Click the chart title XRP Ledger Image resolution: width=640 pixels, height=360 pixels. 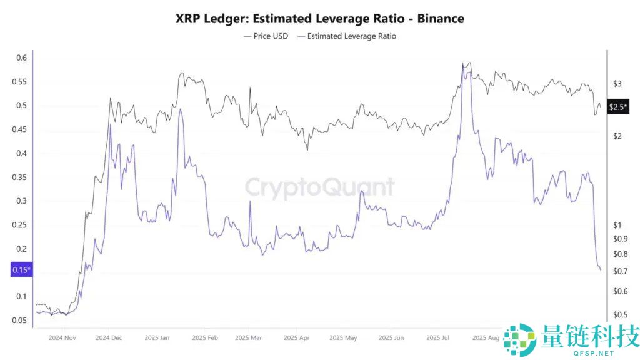pyautogui.click(x=320, y=19)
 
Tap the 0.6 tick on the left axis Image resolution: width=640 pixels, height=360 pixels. pyautogui.click(x=21, y=58)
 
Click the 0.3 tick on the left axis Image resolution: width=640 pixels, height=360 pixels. pyautogui.click(x=21, y=201)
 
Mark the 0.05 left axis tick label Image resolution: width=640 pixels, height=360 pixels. pyautogui.click(x=19, y=321)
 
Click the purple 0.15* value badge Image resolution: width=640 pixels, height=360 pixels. pyautogui.click(x=21, y=271)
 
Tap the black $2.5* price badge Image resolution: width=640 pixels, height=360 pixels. pyautogui.click(x=617, y=107)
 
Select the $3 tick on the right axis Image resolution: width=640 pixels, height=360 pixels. pyautogui.click(x=617, y=83)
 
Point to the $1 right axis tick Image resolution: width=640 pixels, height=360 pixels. pyautogui.click(x=617, y=225)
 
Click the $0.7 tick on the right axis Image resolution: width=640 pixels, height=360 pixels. pyautogui.click(x=620, y=271)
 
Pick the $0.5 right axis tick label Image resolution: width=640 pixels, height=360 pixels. pyautogui.click(x=620, y=315)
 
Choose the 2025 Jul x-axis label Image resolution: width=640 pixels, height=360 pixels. pyautogui.click(x=437, y=338)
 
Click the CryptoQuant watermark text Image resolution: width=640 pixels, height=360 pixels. pyautogui.click(x=319, y=187)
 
